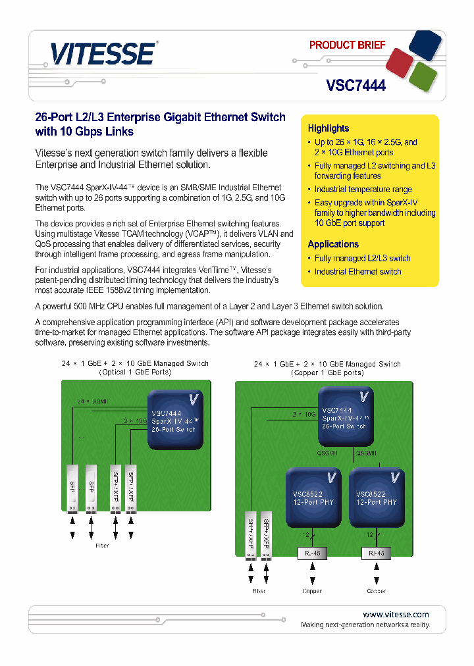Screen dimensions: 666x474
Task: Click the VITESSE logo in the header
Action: pos(103,53)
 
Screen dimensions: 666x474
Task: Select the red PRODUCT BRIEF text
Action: pos(347,45)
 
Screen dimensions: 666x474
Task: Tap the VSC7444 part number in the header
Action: pos(355,85)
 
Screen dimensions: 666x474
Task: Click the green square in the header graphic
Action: pos(423,76)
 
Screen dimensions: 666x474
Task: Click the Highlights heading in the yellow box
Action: pos(329,128)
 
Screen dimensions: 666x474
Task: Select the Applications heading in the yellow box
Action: pos(333,244)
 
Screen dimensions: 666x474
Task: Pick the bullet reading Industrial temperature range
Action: pos(363,190)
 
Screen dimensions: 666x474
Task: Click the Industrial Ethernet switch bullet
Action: pos(357,272)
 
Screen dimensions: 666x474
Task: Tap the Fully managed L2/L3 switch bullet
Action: pos(362,259)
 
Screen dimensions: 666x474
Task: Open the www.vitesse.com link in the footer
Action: pos(396,614)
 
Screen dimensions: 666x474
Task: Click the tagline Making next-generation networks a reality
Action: pos(365,625)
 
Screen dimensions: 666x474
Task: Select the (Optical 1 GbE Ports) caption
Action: pos(135,372)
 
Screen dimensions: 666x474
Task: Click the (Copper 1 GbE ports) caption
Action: pos(327,372)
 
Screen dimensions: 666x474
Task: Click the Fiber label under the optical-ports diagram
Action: pos(101,546)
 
